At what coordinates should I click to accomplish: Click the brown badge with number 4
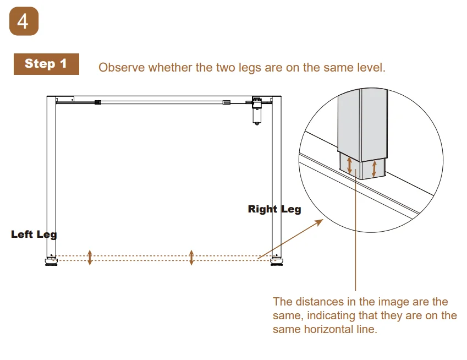24,21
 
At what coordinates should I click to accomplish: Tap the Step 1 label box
46,64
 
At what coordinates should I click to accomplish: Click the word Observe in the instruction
122,68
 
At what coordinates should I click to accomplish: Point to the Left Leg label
34,234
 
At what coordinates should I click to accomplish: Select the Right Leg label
274,209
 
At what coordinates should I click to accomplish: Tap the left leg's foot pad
51,262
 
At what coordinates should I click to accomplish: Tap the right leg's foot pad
277,262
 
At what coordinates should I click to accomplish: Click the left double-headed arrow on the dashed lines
90,258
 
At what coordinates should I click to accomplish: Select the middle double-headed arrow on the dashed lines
191,258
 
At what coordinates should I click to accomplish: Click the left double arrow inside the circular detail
350,165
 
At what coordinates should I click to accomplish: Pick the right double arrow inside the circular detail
375,168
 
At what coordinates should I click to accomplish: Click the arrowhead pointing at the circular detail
320,222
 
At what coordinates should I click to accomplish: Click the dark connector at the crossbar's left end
98,102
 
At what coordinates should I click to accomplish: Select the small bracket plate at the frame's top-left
65,99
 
